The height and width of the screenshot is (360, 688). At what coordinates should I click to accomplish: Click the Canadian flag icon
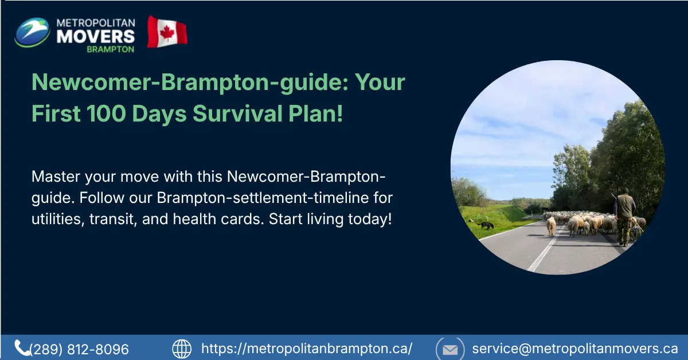167,32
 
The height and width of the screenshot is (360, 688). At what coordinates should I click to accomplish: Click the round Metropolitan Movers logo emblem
32,33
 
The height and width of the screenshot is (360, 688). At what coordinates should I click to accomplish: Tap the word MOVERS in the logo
96,36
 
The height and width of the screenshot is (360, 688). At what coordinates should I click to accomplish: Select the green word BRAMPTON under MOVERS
111,49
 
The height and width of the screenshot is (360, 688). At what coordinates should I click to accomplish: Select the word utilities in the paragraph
57,220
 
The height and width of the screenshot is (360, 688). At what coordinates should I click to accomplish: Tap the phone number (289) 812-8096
79,349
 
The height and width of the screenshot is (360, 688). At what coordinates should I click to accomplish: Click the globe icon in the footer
182,349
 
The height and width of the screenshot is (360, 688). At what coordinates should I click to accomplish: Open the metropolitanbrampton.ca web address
307,349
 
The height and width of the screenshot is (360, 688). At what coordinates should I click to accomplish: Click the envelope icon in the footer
450,349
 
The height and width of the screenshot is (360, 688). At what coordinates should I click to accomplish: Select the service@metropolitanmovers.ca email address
575,349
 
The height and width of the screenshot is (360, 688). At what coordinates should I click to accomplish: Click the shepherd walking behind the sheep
625,215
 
